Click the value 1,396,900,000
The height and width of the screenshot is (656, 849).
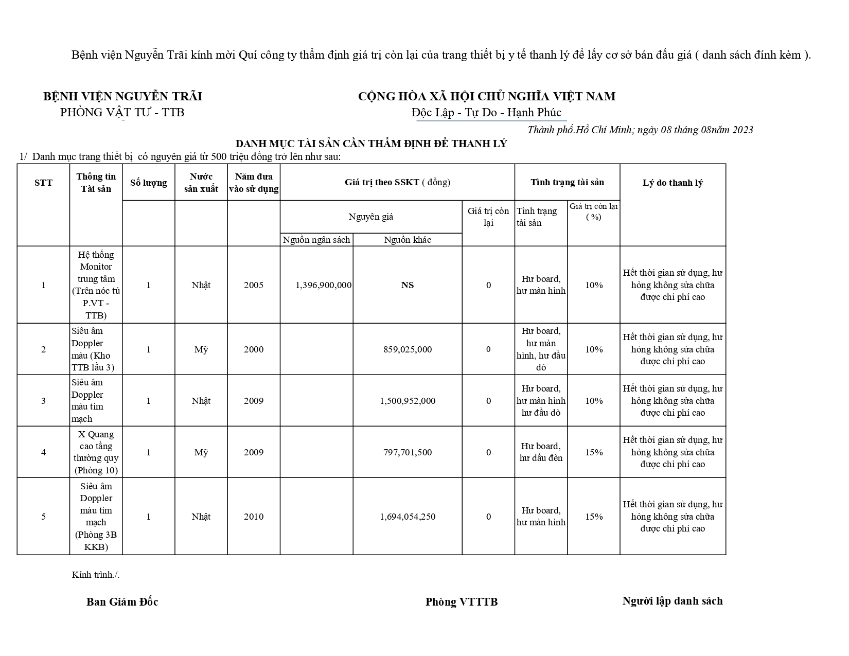(x=324, y=285)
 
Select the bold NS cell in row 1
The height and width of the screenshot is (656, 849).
(x=408, y=285)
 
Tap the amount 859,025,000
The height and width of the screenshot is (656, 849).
(x=408, y=349)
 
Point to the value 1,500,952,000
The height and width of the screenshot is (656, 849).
(x=408, y=401)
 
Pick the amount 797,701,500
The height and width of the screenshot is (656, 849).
(x=408, y=452)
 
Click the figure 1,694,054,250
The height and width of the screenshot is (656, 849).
(x=408, y=517)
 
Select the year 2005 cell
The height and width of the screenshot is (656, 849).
(x=254, y=285)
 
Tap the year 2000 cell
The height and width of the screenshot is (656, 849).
(x=254, y=349)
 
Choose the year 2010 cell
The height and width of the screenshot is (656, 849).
(x=254, y=517)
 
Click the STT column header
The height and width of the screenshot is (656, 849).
(x=43, y=183)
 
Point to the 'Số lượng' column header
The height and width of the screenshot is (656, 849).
(x=148, y=183)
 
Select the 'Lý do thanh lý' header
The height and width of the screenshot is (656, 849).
(x=673, y=183)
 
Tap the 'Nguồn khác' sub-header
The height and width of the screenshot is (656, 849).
(x=408, y=240)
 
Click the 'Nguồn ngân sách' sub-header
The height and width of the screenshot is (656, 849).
(x=316, y=240)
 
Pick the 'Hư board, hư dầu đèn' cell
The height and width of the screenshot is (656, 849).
(x=541, y=452)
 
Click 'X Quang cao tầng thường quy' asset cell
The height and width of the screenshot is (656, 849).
(x=96, y=452)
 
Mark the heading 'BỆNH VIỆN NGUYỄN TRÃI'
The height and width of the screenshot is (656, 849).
(x=122, y=97)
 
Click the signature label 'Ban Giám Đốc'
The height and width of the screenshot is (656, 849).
(x=122, y=602)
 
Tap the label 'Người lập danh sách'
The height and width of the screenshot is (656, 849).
(x=673, y=601)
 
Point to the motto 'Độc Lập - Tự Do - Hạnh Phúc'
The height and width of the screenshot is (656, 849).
(x=487, y=113)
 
